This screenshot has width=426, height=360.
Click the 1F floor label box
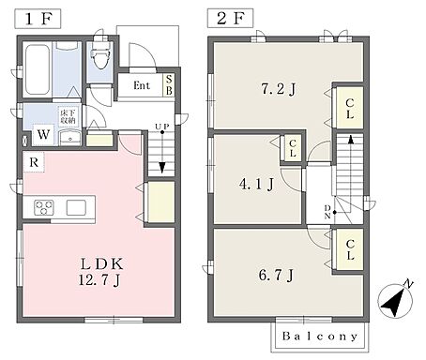click(38, 19)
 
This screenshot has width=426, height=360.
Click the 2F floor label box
click(231, 18)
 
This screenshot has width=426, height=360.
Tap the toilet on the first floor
click(100, 56)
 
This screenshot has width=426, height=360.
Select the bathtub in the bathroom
click(38, 70)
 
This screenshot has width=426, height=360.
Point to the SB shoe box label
click(169, 84)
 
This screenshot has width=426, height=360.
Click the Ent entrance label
click(142, 85)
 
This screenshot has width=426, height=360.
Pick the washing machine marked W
click(43, 135)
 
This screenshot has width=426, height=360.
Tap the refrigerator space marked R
click(34, 162)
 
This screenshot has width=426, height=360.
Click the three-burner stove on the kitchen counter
click(44, 207)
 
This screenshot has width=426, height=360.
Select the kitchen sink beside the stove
click(76, 207)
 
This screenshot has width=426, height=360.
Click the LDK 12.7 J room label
click(100, 272)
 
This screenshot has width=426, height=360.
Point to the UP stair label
click(162, 127)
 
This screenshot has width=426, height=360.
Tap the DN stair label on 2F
click(327, 212)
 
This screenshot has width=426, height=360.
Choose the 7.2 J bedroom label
click(278, 89)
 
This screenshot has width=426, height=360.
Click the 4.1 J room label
click(256, 184)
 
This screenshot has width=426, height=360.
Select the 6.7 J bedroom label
click(276, 275)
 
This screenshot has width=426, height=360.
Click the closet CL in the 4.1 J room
click(293, 148)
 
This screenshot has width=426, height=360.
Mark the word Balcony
click(320, 337)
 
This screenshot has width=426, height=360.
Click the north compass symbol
click(395, 299)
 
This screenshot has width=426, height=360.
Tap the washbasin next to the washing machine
click(70, 138)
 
